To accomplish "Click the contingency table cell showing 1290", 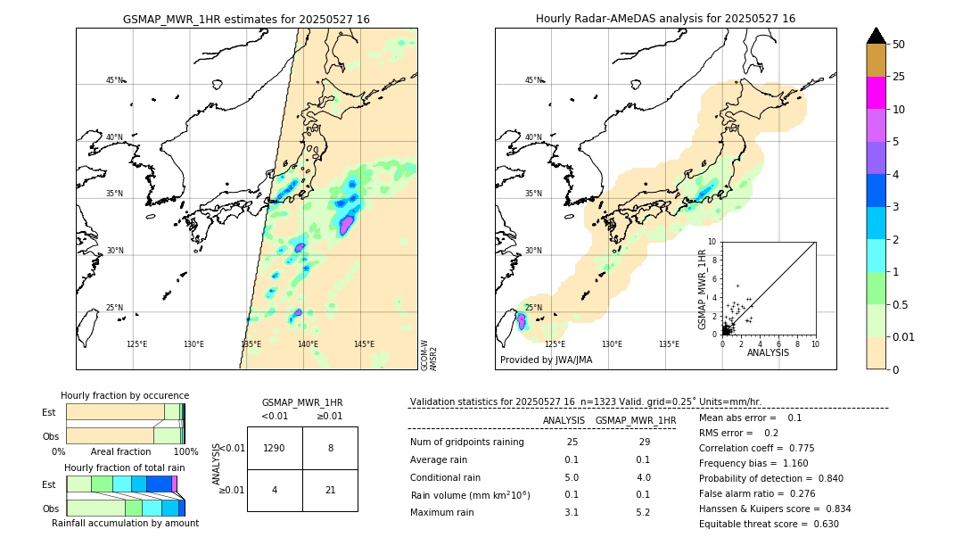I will (275, 448).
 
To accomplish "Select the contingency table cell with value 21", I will (330, 490).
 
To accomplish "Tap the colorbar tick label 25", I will (899, 77).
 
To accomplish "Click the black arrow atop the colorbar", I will (876, 36).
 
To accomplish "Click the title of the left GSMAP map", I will (246, 19).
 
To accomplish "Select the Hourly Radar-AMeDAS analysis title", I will (665, 19).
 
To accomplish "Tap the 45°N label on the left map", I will (114, 80).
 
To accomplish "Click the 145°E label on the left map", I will (364, 344).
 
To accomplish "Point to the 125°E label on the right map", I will (555, 344).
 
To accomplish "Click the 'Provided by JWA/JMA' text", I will (546, 360).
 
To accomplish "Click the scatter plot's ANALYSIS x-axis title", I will (768, 353).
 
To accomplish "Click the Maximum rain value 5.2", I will (643, 512).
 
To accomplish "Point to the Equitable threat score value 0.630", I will (821, 524).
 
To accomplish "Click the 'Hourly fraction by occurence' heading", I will (125, 395).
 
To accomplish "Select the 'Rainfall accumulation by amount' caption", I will (125, 523).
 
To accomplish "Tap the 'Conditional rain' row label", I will (447, 477).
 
